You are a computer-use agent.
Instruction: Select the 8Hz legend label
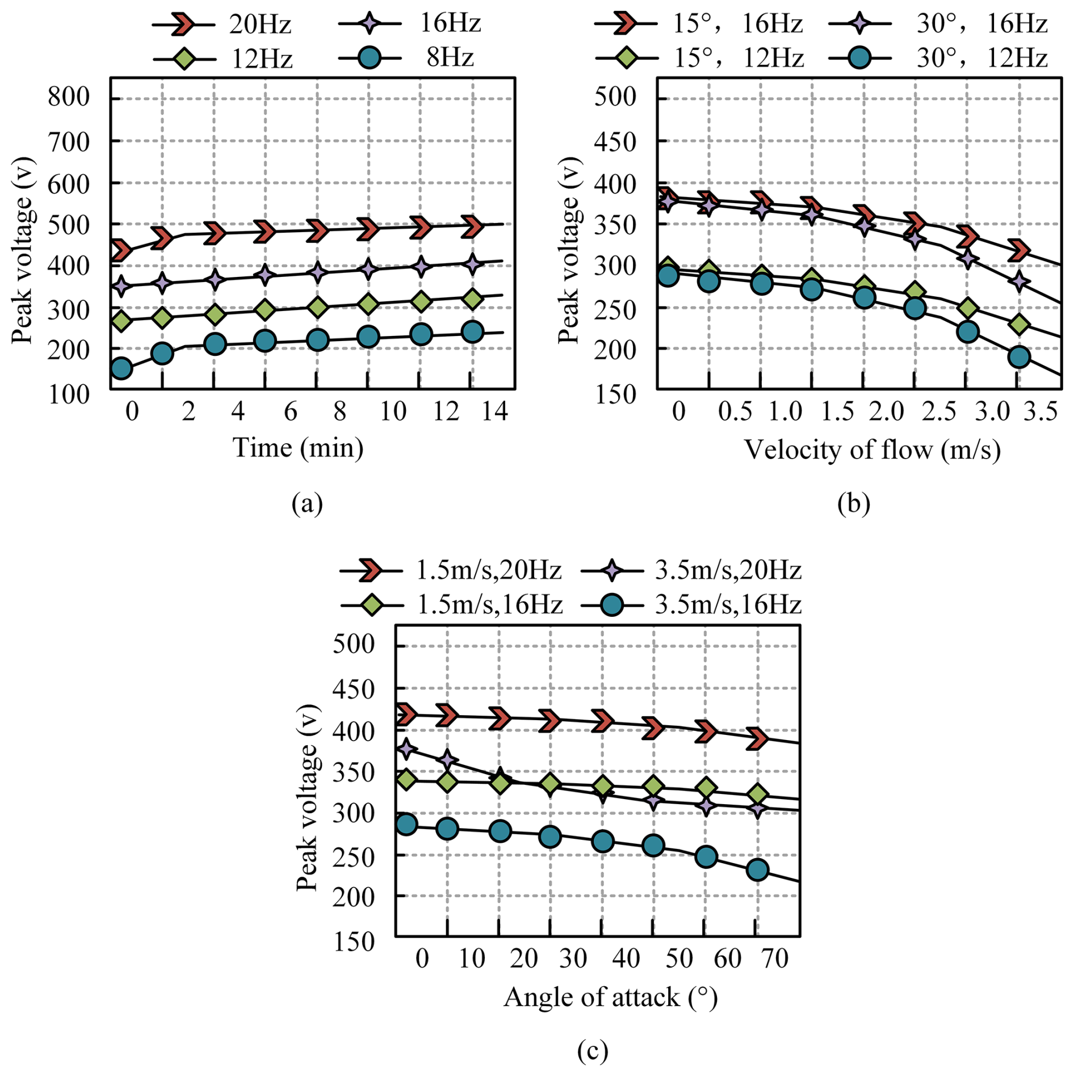click(x=450, y=57)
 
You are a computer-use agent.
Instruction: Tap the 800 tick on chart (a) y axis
click(x=69, y=97)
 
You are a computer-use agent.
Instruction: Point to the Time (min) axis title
click(x=298, y=448)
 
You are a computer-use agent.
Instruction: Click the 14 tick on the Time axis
click(x=494, y=411)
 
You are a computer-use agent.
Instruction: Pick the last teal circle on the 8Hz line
click(x=472, y=332)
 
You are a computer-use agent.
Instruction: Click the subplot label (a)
click(x=307, y=503)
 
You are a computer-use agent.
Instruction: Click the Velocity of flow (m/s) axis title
click(x=872, y=450)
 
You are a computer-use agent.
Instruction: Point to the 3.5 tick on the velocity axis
click(x=1041, y=411)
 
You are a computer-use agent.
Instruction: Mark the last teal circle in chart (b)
click(x=1019, y=357)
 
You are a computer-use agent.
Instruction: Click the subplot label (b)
click(x=853, y=503)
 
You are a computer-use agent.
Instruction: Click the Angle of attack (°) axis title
click(x=610, y=997)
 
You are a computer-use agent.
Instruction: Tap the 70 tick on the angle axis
click(x=775, y=959)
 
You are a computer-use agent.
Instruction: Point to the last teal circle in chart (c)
click(x=758, y=870)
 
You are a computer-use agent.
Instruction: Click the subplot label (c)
click(x=593, y=1050)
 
